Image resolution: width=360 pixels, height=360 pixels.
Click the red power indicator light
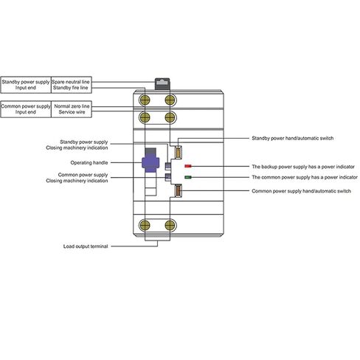click(x=188, y=166)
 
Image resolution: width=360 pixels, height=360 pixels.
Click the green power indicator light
click(x=188, y=177)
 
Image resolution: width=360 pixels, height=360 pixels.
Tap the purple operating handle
click(x=150, y=163)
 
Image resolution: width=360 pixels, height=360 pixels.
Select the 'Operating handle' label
click(x=89, y=162)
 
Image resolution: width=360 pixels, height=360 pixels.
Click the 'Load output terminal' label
click(x=86, y=246)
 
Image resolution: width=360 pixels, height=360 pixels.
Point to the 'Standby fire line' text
click(x=71, y=88)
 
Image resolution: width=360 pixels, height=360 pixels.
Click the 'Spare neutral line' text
click(x=71, y=82)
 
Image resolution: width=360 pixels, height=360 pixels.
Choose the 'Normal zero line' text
click(x=72, y=106)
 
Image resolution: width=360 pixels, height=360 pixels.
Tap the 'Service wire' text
click(x=72, y=112)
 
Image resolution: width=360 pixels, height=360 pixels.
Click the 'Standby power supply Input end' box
click(x=26, y=85)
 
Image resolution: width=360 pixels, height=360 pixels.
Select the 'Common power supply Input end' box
click(x=26, y=109)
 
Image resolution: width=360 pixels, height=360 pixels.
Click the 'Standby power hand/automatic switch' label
click(x=293, y=138)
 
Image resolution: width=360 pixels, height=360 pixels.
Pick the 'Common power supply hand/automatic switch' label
click(x=301, y=191)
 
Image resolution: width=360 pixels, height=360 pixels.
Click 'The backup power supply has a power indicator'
click(x=303, y=167)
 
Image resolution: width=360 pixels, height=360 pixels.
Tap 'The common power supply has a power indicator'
click(x=305, y=177)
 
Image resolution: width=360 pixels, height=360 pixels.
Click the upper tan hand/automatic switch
click(x=178, y=152)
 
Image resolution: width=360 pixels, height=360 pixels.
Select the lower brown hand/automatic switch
click(x=178, y=190)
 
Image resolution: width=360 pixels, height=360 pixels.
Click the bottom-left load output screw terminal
click(x=145, y=225)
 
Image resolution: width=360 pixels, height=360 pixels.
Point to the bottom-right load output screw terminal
click(x=170, y=225)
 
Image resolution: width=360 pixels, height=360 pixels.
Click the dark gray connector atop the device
click(x=162, y=84)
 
